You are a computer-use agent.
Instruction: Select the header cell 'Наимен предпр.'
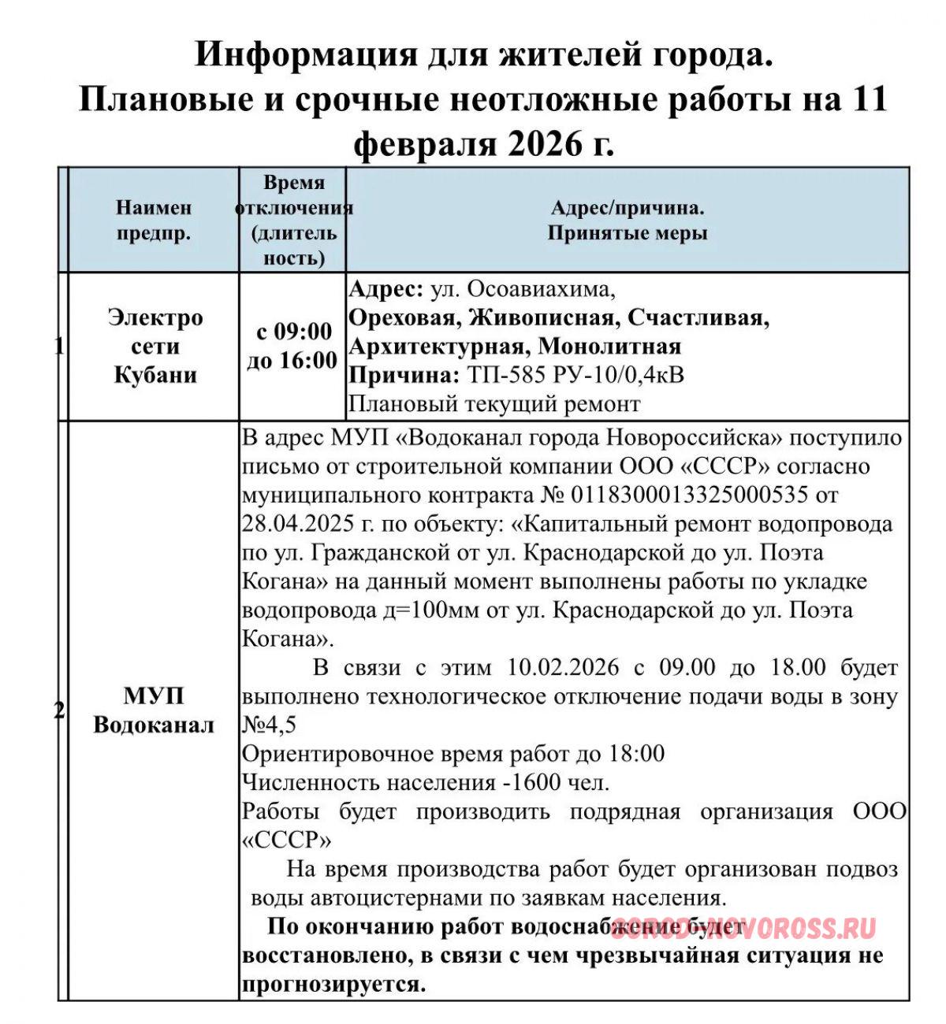(x=154, y=221)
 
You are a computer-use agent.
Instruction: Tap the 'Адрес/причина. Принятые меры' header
(x=628, y=221)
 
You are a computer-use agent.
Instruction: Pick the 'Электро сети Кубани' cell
(x=155, y=346)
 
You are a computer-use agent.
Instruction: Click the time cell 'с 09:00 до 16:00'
(x=292, y=346)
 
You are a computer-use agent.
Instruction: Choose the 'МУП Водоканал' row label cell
(x=154, y=710)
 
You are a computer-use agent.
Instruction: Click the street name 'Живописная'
(x=541, y=317)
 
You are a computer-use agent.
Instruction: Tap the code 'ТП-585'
(x=505, y=375)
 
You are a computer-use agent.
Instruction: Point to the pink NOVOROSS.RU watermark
(x=744, y=929)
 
